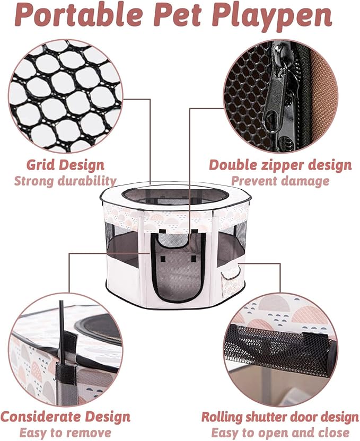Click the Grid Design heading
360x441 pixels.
(66, 164)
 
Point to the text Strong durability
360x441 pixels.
(65, 181)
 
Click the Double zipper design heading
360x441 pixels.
(280, 165)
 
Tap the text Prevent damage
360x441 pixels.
(280, 181)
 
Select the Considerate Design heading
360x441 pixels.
(65, 416)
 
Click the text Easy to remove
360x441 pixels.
(65, 432)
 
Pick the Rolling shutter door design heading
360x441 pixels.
(280, 417)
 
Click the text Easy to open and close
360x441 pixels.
(280, 432)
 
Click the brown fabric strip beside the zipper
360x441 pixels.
(321, 90)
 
